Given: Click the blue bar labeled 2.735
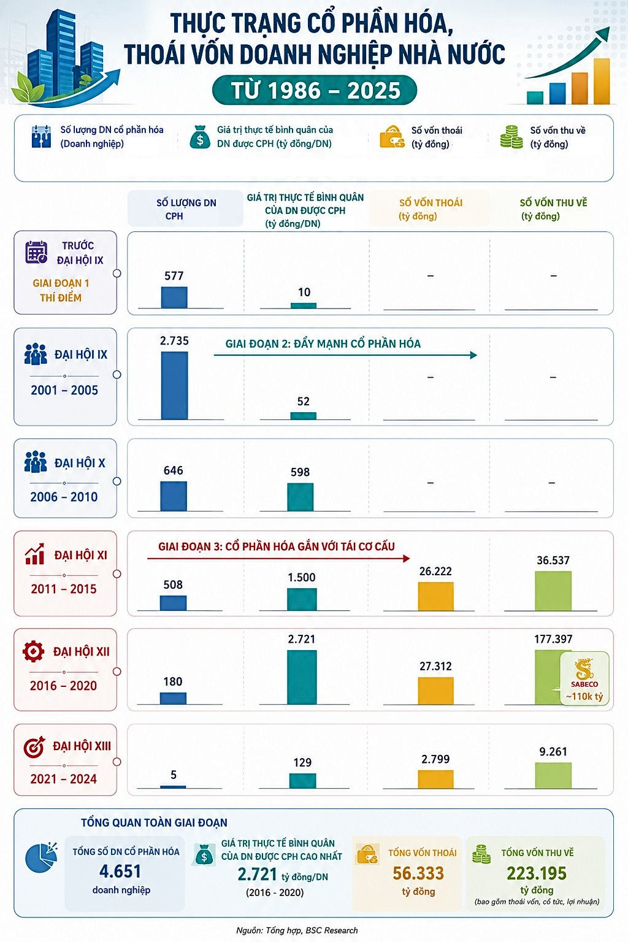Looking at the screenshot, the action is pos(175,386).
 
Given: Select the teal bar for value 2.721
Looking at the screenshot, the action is pos(302,677).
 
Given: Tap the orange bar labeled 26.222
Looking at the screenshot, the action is pos(436,596).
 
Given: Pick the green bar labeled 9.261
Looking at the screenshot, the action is pos(553,775).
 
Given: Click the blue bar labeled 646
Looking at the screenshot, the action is pos(174,496).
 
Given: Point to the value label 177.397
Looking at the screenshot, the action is pos(553,639).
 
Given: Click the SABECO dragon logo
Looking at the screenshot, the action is pos(584,669).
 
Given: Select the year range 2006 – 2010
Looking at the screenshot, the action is pos(64,497).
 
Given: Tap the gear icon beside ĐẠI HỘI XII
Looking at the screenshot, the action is pos(34,651).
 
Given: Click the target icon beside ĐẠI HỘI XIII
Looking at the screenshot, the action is pos(34,747).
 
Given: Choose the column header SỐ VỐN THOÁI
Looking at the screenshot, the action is pos(431,203).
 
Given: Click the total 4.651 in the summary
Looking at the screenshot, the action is pos(120,871).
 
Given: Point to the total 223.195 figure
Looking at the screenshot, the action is pos(537,873).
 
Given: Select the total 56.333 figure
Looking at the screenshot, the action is pos(418,873).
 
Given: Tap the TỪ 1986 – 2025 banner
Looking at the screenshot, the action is pos(315,90).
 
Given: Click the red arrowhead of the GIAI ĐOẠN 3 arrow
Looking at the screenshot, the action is pos(407,559).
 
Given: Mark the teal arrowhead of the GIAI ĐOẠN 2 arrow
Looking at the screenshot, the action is pos(473,355).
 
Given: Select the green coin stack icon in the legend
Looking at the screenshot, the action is pos(511,137).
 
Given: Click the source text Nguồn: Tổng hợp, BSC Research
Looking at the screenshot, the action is pos(297,930).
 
